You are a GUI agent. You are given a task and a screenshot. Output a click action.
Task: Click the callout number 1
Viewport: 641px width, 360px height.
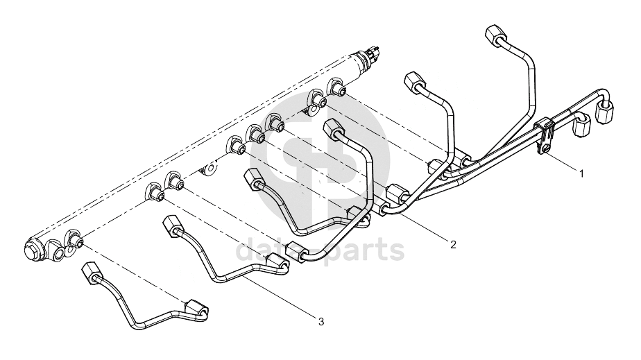[581, 173]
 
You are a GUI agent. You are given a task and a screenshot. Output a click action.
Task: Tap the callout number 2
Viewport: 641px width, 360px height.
[452, 245]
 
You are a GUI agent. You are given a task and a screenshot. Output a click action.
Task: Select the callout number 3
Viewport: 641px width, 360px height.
[321, 322]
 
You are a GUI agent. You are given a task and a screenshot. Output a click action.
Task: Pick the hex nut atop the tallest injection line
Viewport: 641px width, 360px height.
[496, 34]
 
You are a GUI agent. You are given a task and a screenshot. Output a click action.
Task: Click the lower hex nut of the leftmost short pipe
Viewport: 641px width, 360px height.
[196, 309]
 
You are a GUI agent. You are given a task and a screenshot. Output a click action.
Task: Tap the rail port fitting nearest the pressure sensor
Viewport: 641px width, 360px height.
[338, 87]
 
